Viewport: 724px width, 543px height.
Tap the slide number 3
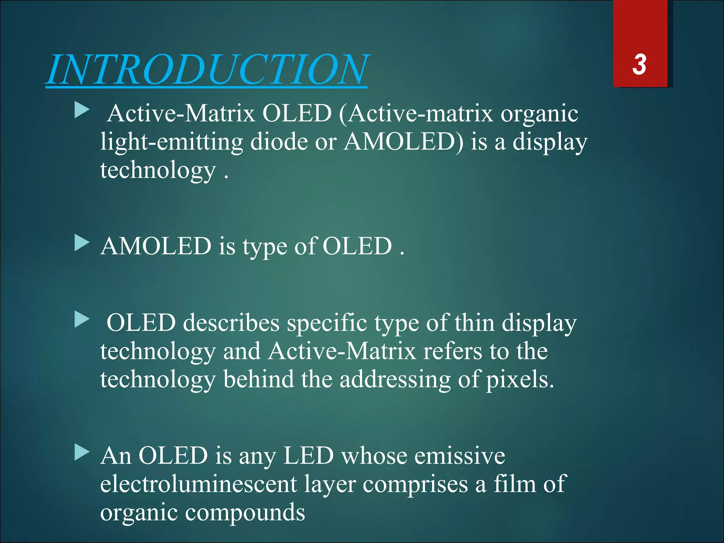[x=640, y=65]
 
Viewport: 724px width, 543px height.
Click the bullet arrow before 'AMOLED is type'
[x=82, y=244]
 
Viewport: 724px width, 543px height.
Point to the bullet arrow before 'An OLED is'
[x=82, y=453]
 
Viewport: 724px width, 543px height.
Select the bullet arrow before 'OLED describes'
[x=82, y=320]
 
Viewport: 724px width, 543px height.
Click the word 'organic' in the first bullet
[x=539, y=114]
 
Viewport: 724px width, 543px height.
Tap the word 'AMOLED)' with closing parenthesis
[x=403, y=142]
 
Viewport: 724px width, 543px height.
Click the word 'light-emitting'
[x=171, y=142]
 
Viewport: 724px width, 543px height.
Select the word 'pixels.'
[x=520, y=380]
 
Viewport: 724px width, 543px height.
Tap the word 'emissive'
[x=460, y=456]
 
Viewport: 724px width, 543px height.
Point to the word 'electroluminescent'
[x=198, y=484]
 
